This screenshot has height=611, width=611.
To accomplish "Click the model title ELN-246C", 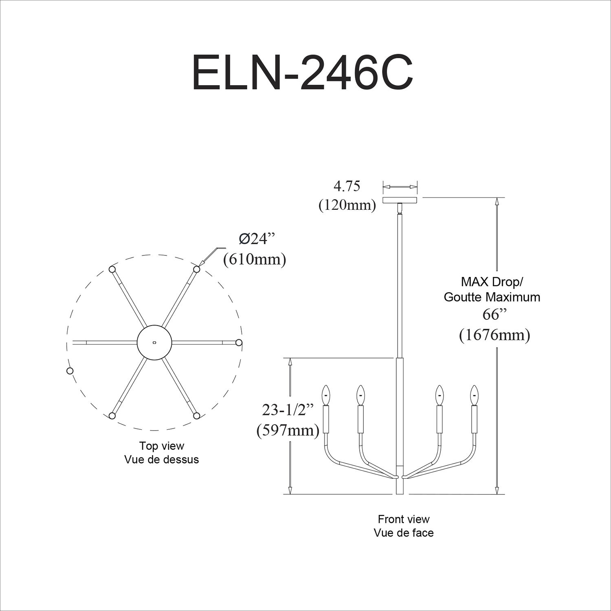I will tap(302, 73).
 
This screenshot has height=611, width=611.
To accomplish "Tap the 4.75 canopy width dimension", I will tap(347, 186).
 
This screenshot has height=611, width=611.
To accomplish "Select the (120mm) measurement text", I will tap(347, 205).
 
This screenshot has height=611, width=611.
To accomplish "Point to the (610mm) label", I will tap(255, 259).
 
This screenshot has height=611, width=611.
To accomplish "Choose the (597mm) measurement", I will tap(288, 430).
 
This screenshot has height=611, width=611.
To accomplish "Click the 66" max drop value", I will tap(494, 314).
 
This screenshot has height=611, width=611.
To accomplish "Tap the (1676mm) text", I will tap(495, 335).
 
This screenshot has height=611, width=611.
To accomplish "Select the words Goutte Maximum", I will tap(492, 297).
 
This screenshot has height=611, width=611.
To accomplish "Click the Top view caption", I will tap(162, 446).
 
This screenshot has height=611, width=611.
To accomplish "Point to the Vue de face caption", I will tap(404, 533).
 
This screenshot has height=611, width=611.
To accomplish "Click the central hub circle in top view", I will tap(154, 343).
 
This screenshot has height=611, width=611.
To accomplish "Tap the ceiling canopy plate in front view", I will tap(400, 200).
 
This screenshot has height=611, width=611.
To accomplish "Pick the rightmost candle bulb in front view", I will tap(474, 394).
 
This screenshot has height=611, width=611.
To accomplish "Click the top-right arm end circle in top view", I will tap(197, 269).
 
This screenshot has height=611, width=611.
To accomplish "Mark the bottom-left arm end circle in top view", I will tap(112, 416).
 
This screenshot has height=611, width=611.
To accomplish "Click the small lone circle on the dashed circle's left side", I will tap(70, 371).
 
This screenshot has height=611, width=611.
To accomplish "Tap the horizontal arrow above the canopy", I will tap(400, 187).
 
